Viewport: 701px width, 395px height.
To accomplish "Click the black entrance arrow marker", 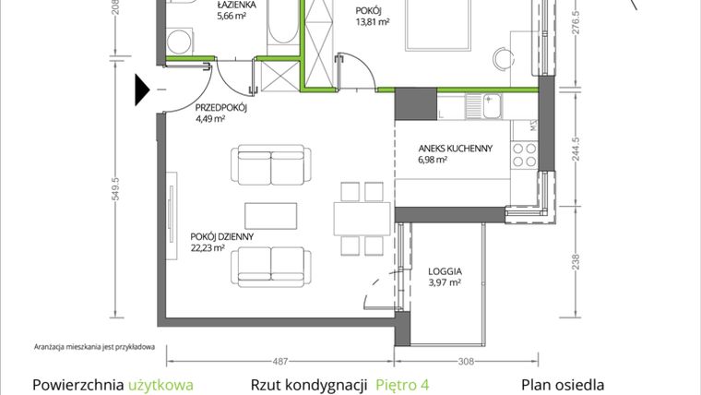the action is tap(142, 90).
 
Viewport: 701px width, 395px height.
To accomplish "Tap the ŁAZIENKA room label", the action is tap(236, 5).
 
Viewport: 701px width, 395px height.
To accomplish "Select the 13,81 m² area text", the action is tap(372, 22).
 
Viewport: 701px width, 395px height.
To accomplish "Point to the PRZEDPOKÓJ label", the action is tap(220, 108).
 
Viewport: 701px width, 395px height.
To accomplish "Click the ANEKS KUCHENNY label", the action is tap(455, 148).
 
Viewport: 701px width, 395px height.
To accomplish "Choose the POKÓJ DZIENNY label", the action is tap(221, 236).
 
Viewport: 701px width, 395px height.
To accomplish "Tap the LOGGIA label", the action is tap(445, 271).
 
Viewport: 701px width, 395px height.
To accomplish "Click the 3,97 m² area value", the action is tap(445, 282).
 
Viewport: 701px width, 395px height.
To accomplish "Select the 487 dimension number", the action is tap(280, 361).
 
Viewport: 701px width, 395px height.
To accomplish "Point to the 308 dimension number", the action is tap(466, 361).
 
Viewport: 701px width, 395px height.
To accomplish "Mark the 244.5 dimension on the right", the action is tap(576, 149).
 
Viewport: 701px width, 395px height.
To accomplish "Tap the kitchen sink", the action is tap(483, 106).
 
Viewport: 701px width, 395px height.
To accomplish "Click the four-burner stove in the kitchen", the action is tap(525, 155).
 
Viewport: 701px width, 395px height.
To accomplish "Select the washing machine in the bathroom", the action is tap(180, 42).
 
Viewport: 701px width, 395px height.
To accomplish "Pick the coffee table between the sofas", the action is tap(271, 216).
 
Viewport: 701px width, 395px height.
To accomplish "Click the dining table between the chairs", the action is tap(362, 219).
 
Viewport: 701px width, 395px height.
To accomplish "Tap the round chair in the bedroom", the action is tap(504, 58).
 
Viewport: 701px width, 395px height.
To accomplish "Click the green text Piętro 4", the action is tap(402, 385).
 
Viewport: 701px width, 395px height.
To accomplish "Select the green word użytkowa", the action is tap(160, 385).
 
